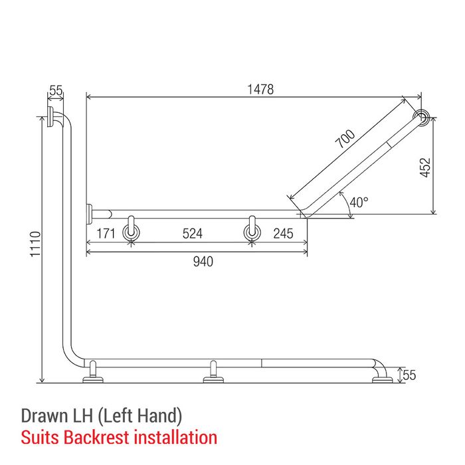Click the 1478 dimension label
[260, 89]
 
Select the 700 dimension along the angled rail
[345, 138]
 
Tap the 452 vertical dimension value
[425, 167]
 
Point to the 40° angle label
[359, 202]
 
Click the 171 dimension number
[106, 233]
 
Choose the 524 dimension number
[193, 233]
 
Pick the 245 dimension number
[283, 233]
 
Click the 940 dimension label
[203, 262]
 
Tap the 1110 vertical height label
[35, 244]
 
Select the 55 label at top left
[56, 90]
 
